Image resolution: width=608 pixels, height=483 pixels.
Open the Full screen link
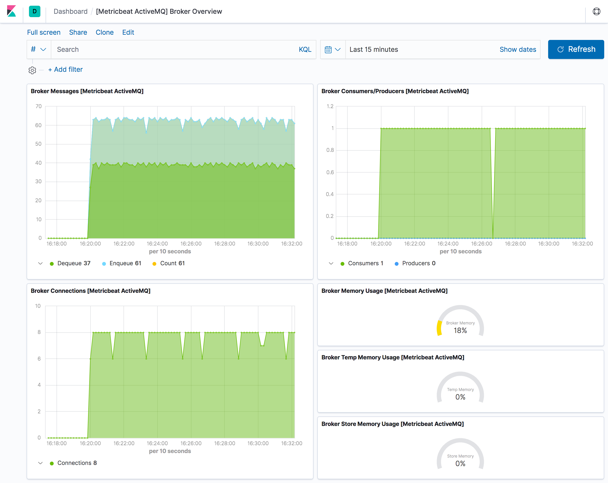click(44, 33)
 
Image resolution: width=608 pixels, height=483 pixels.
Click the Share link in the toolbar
click(78, 33)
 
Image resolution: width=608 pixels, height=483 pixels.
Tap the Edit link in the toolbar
click(128, 33)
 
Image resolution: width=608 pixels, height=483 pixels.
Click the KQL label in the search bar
click(305, 50)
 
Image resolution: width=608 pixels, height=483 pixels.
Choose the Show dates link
click(518, 50)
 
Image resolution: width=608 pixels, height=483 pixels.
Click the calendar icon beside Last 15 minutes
click(328, 50)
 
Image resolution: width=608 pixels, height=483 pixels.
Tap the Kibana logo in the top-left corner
click(11, 11)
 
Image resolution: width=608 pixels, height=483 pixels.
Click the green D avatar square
click(35, 11)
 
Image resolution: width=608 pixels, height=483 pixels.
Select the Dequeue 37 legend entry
click(74, 263)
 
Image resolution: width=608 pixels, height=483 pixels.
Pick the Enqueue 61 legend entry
click(125, 263)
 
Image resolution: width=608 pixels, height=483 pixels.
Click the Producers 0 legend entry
click(418, 263)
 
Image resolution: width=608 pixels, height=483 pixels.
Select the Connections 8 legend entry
click(77, 463)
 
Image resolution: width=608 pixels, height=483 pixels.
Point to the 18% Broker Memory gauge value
click(460, 331)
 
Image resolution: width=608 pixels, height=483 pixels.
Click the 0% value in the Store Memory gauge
click(460, 464)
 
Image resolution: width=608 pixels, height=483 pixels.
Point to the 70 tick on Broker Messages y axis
click(39, 106)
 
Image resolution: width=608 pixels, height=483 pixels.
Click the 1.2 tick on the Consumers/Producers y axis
click(330, 106)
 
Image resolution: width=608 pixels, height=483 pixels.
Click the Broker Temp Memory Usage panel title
click(393, 357)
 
